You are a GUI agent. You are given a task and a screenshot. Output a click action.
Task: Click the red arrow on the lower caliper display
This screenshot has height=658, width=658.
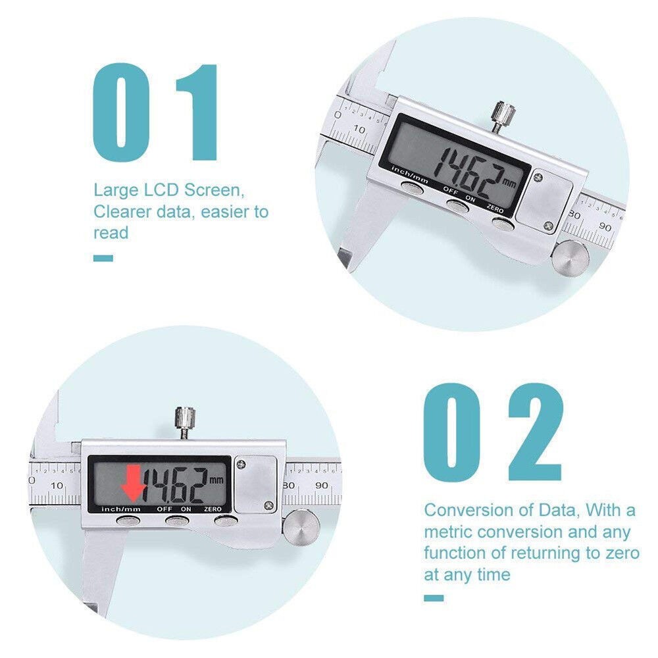tap(134, 482)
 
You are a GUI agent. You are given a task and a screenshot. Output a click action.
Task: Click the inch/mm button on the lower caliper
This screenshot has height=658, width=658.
tap(128, 521)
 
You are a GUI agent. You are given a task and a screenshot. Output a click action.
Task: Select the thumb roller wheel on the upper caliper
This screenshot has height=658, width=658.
tap(568, 257)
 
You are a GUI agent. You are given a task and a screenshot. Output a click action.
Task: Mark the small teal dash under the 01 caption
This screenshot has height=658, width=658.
tap(103, 257)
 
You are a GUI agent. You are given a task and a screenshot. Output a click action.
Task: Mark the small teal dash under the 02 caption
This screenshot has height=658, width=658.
tap(434, 597)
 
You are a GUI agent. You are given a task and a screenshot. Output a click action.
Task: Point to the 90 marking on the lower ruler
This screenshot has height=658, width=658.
tap(322, 486)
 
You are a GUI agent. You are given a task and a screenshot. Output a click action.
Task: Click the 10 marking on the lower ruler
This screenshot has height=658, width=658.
tap(57, 486)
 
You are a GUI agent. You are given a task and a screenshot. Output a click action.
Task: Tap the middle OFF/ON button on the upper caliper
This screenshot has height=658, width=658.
tap(456, 205)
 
